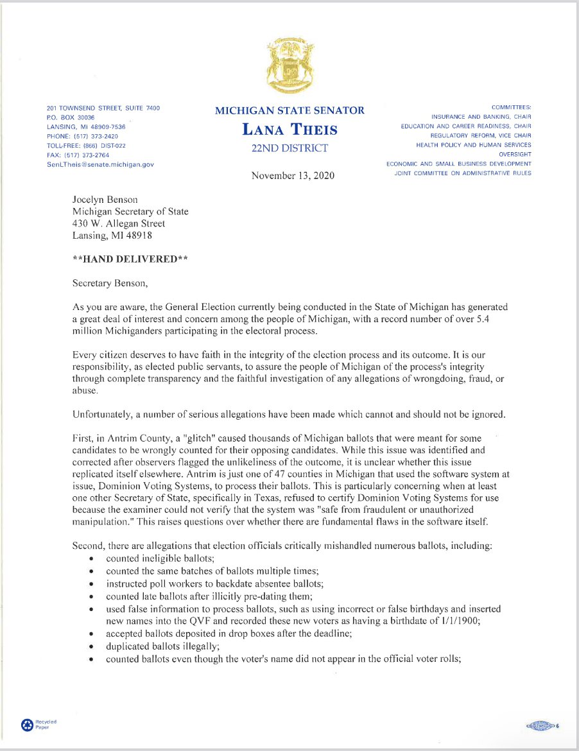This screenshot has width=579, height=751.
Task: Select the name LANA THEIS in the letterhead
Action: click(289, 130)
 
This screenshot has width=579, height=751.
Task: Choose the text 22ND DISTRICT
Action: click(289, 149)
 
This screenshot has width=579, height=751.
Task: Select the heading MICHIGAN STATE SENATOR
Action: click(289, 110)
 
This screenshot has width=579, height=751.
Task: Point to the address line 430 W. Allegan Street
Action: click(119, 223)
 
